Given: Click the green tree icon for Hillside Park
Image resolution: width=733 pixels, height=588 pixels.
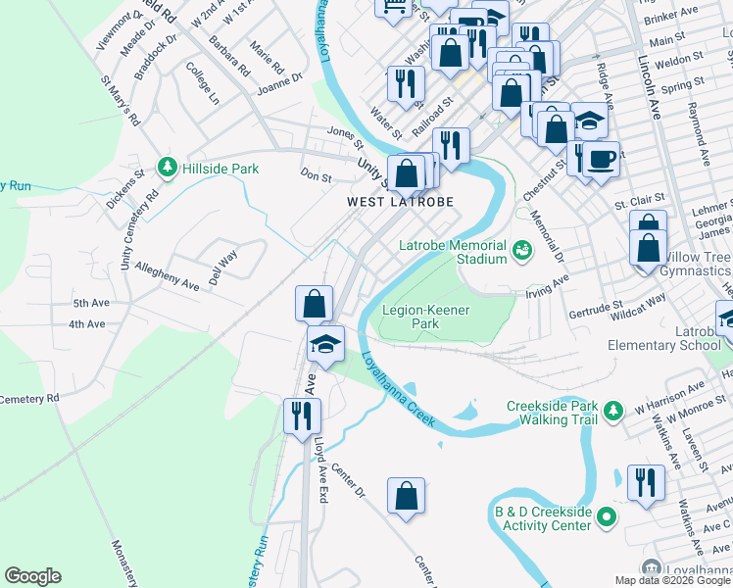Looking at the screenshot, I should coord(169,169).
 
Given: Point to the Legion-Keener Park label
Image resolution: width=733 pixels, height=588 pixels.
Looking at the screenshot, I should coord(425,317).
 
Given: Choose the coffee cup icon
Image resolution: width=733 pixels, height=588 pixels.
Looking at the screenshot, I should coord(601,157).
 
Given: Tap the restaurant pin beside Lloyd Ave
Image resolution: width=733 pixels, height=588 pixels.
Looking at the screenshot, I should coord(300,416).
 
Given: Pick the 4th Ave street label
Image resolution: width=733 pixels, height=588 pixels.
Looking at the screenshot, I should coord(86,324).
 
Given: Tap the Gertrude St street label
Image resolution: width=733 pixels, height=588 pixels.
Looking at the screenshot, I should coord(596,311).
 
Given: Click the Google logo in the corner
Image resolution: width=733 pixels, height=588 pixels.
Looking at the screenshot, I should coord(32,576).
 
